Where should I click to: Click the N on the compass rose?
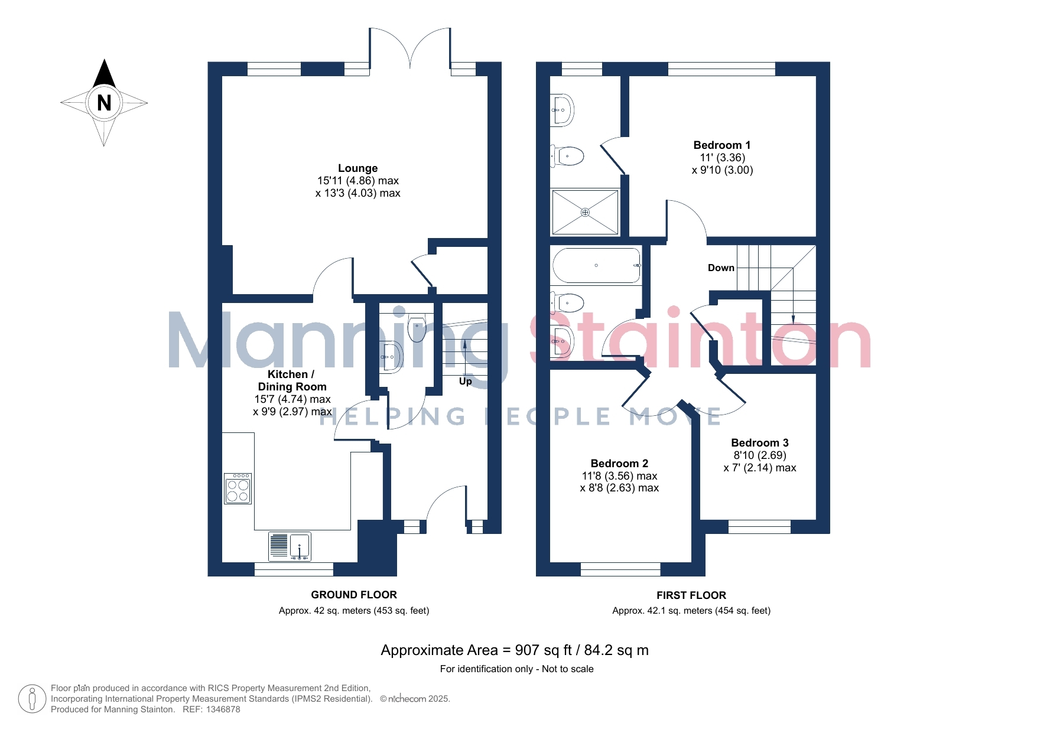pyautogui.click(x=104, y=103)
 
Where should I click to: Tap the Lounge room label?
pyautogui.click(x=357, y=168)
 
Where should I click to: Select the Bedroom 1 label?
pyautogui.click(x=721, y=145)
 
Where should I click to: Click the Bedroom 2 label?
pyautogui.click(x=619, y=464)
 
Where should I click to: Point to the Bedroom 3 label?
pyautogui.click(x=759, y=443)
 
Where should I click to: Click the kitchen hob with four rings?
pyautogui.click(x=238, y=488)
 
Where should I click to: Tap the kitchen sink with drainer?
pyautogui.click(x=290, y=546)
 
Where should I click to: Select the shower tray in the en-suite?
pyautogui.click(x=585, y=212)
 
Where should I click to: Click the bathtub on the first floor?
pyautogui.click(x=597, y=266)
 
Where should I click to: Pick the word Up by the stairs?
pyautogui.click(x=466, y=382)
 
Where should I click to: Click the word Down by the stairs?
pyautogui.click(x=721, y=268)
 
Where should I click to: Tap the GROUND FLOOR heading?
pyautogui.click(x=354, y=595)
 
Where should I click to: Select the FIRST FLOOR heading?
pyautogui.click(x=691, y=595)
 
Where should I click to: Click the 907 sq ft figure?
pyautogui.click(x=544, y=650)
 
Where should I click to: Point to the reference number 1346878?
pyautogui.click(x=223, y=709)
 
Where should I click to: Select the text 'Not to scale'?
pyautogui.click(x=568, y=669)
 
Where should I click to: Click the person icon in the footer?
pyautogui.click(x=32, y=699)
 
